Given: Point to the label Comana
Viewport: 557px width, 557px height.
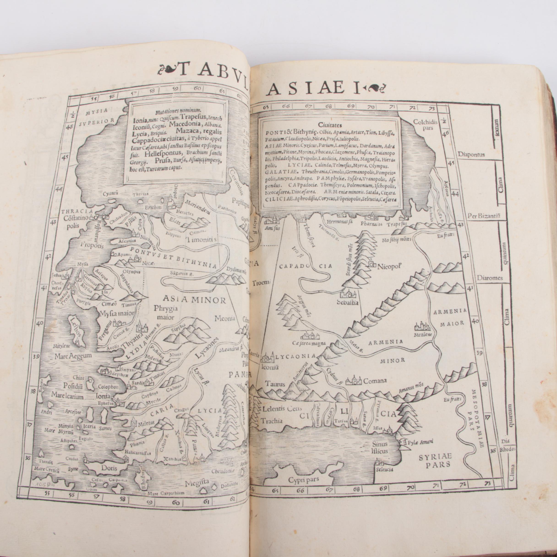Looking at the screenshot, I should pyautogui.click(x=375, y=381).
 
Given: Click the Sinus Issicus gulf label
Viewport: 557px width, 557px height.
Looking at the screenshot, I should pyautogui.click(x=380, y=448).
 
